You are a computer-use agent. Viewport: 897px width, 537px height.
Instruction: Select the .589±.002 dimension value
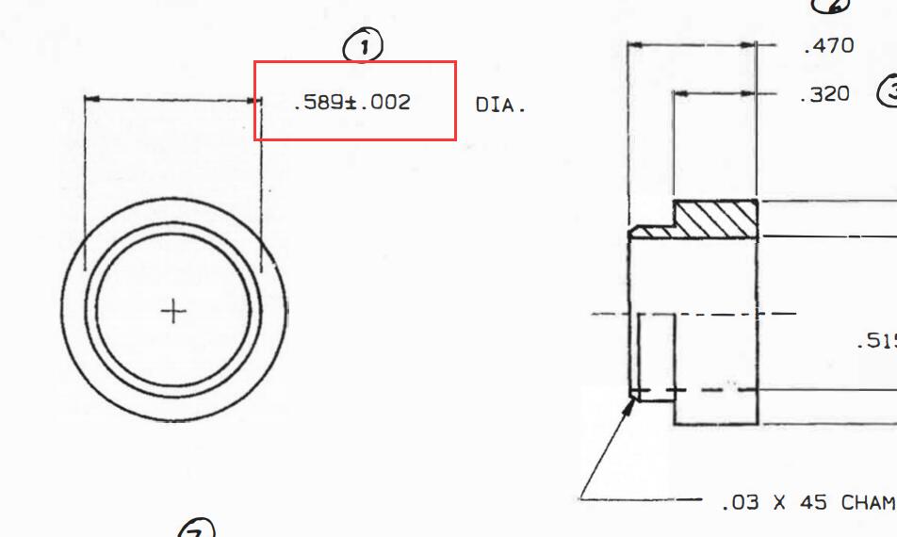click(x=351, y=103)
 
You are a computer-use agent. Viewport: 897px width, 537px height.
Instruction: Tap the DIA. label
click(x=499, y=106)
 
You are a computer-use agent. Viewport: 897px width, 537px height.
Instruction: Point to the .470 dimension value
click(x=828, y=46)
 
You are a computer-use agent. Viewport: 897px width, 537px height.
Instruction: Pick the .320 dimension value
click(x=824, y=95)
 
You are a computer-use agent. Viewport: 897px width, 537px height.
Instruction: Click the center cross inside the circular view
click(x=173, y=310)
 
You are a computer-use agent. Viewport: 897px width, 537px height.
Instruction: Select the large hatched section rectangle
click(x=716, y=219)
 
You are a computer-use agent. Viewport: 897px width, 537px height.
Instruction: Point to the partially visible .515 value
click(x=876, y=341)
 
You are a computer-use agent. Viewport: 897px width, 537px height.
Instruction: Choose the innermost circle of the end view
click(x=98, y=310)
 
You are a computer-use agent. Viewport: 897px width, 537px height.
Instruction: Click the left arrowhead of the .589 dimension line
click(x=90, y=99)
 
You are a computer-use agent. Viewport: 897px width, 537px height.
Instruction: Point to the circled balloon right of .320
click(x=888, y=91)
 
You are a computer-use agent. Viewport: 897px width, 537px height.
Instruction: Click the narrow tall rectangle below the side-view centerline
click(x=657, y=358)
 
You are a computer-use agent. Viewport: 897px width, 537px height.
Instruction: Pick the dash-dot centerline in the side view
click(x=693, y=314)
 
